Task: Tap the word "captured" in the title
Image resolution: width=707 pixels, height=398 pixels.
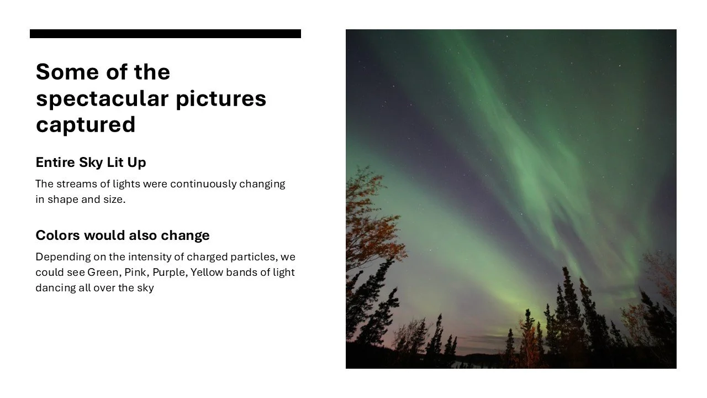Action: [86, 124]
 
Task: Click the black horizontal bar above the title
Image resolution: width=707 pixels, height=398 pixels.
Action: [165, 34]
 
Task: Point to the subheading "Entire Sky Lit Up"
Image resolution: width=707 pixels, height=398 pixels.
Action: [91, 163]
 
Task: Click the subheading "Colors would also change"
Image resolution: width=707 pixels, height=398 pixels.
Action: [122, 235]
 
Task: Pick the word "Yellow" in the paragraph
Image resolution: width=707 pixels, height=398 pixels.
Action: [207, 273]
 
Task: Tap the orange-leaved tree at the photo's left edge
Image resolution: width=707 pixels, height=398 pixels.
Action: [367, 221]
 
